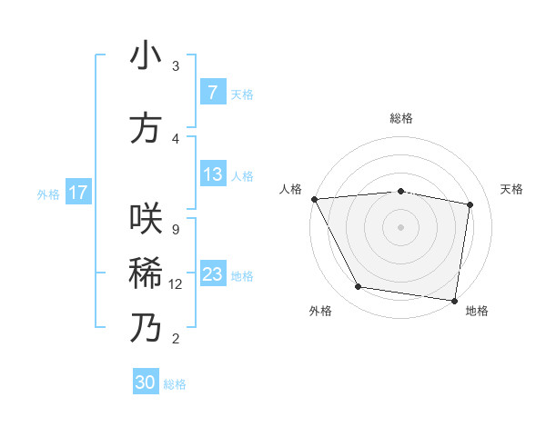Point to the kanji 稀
(146, 273)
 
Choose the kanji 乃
(146, 328)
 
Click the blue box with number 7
(212, 93)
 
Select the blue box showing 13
(212, 174)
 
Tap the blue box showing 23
(212, 274)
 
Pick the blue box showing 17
(78, 193)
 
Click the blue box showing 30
(146, 382)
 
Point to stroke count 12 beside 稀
(176, 284)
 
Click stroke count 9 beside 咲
(175, 230)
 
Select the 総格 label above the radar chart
(401, 118)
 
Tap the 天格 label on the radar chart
(512, 189)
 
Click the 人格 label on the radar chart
(290, 189)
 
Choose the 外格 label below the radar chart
(319, 311)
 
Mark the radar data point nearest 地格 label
(454, 300)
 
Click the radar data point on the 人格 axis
(314, 199)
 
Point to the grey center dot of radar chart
(401, 226)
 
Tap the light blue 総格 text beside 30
(175, 384)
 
